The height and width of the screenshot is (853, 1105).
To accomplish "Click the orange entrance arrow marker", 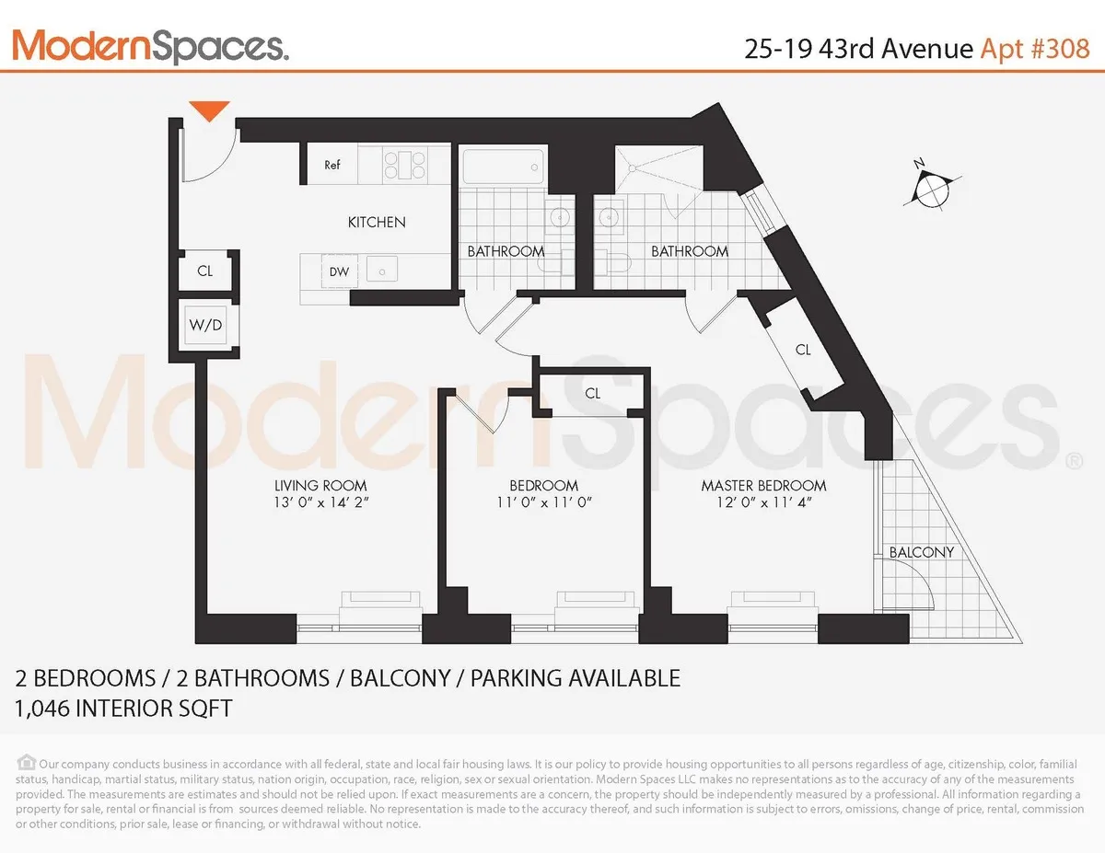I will pyautogui.click(x=209, y=110).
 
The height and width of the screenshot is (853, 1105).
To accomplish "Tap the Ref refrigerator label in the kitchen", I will pyautogui.click(x=332, y=166).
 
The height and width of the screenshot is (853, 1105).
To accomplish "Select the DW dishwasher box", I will pyautogui.click(x=339, y=271).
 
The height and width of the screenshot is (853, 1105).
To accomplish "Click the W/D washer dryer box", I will pyautogui.click(x=205, y=325).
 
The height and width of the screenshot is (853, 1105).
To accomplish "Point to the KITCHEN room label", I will pyautogui.click(x=376, y=222).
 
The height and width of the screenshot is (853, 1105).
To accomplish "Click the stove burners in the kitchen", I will pyautogui.click(x=405, y=165).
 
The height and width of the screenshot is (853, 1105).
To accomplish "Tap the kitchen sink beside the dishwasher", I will pyautogui.click(x=380, y=270).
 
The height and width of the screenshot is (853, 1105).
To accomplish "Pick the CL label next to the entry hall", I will pyautogui.click(x=205, y=271).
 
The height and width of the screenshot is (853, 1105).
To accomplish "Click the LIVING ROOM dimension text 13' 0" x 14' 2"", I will pyautogui.click(x=320, y=502).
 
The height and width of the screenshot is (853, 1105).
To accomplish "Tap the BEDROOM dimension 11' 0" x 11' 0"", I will pyautogui.click(x=543, y=502).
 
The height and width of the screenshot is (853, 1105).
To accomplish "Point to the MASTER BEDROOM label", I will pyautogui.click(x=763, y=485).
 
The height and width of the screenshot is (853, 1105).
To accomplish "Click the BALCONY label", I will pyautogui.click(x=921, y=552).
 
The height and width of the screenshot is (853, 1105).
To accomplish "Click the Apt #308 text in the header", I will pyautogui.click(x=1033, y=48).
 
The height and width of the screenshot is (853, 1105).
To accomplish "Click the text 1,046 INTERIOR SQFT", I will pyautogui.click(x=123, y=709).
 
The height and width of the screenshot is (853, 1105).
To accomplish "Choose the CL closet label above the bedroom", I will pyautogui.click(x=592, y=393).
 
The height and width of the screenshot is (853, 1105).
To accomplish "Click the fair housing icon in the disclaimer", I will pyautogui.click(x=26, y=763).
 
